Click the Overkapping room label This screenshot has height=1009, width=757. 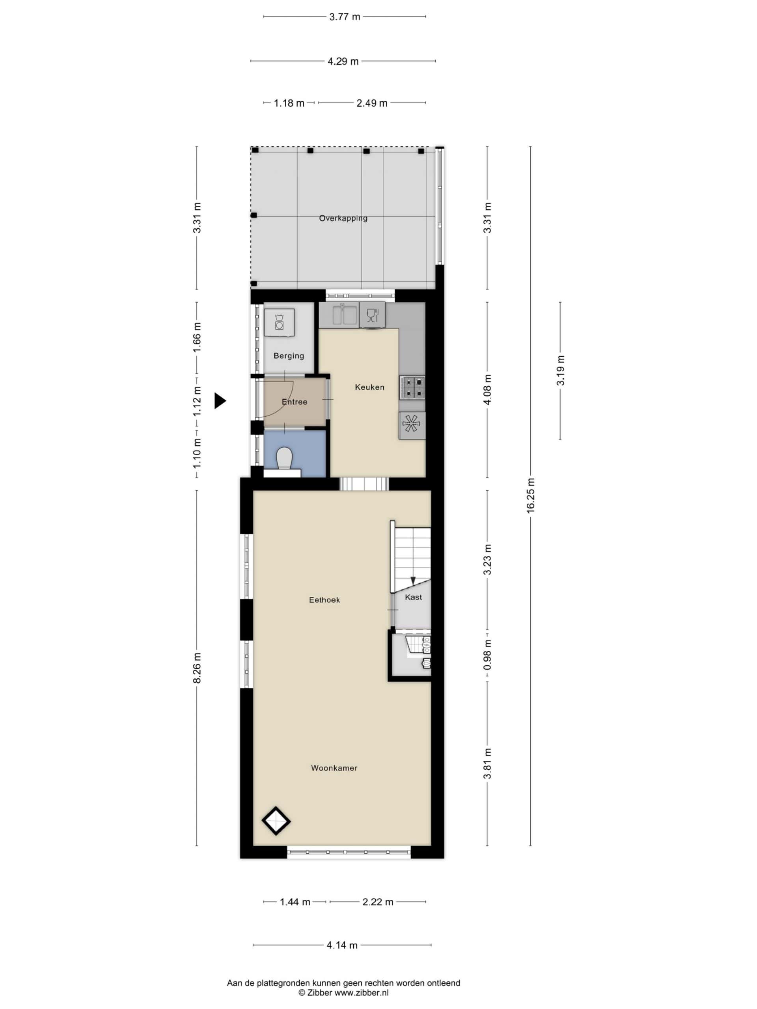click(x=343, y=218)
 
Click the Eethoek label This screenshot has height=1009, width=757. click(x=324, y=600)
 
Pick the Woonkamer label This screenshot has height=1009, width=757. click(x=334, y=768)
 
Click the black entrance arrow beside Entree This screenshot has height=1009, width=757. click(x=220, y=401)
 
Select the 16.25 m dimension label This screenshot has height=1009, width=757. click(x=530, y=496)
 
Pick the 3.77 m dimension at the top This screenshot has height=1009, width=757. click(x=345, y=17)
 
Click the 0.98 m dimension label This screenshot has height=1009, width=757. click(x=487, y=655)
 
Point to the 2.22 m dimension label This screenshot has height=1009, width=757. click(x=378, y=902)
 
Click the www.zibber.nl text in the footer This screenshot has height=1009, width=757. click(x=362, y=992)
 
